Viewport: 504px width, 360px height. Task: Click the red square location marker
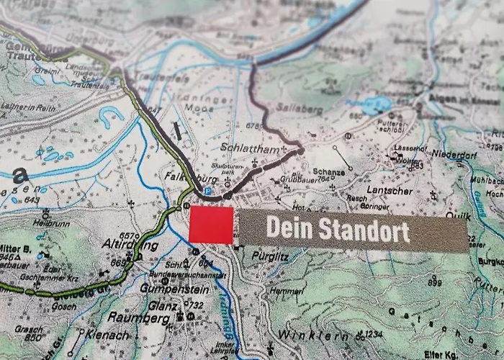[x=211, y=225]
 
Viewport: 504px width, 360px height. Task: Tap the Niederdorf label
[x=455, y=154]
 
